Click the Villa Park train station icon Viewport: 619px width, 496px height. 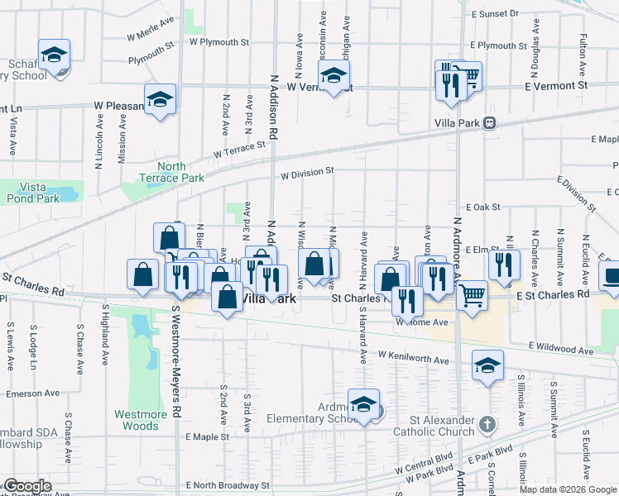pos(490,122)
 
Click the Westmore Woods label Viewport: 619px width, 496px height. pos(137,420)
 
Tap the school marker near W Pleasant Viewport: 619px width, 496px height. pos(160,101)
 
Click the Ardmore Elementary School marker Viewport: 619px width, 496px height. pos(363,405)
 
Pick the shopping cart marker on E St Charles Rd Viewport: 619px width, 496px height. pos(471,295)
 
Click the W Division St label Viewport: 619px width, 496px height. pos(306,174)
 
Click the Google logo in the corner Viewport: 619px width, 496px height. pos(27,486)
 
